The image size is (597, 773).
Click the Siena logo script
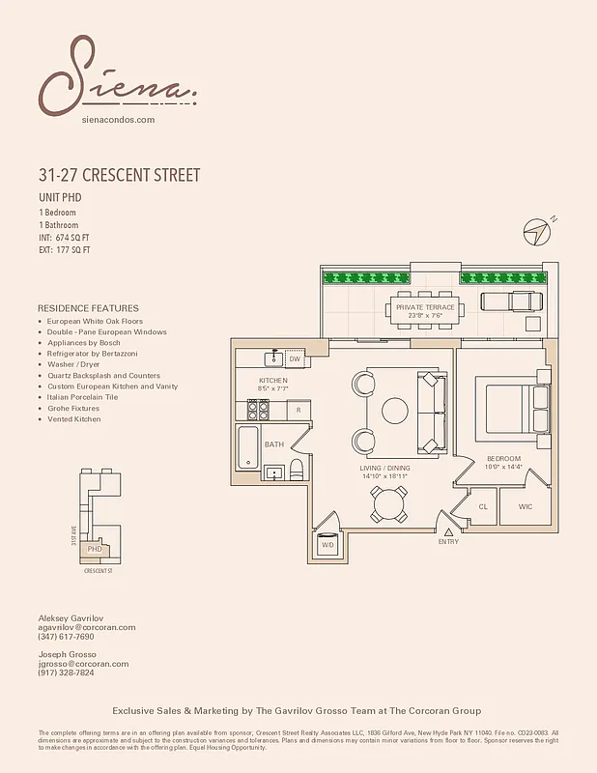(x=117, y=77)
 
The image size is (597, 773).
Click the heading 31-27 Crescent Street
(x=119, y=176)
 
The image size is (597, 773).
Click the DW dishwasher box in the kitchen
(x=296, y=358)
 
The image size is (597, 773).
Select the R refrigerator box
(x=299, y=411)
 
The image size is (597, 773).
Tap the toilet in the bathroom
(x=297, y=471)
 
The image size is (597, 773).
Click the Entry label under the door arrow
(x=447, y=541)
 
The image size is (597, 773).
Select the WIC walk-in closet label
(x=525, y=506)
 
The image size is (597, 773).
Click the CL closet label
(x=483, y=506)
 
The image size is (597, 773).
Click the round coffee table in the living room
(x=396, y=411)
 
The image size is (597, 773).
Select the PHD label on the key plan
(x=95, y=549)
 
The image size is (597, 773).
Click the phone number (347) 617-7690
(x=67, y=638)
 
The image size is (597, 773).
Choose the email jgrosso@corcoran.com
(x=83, y=664)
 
